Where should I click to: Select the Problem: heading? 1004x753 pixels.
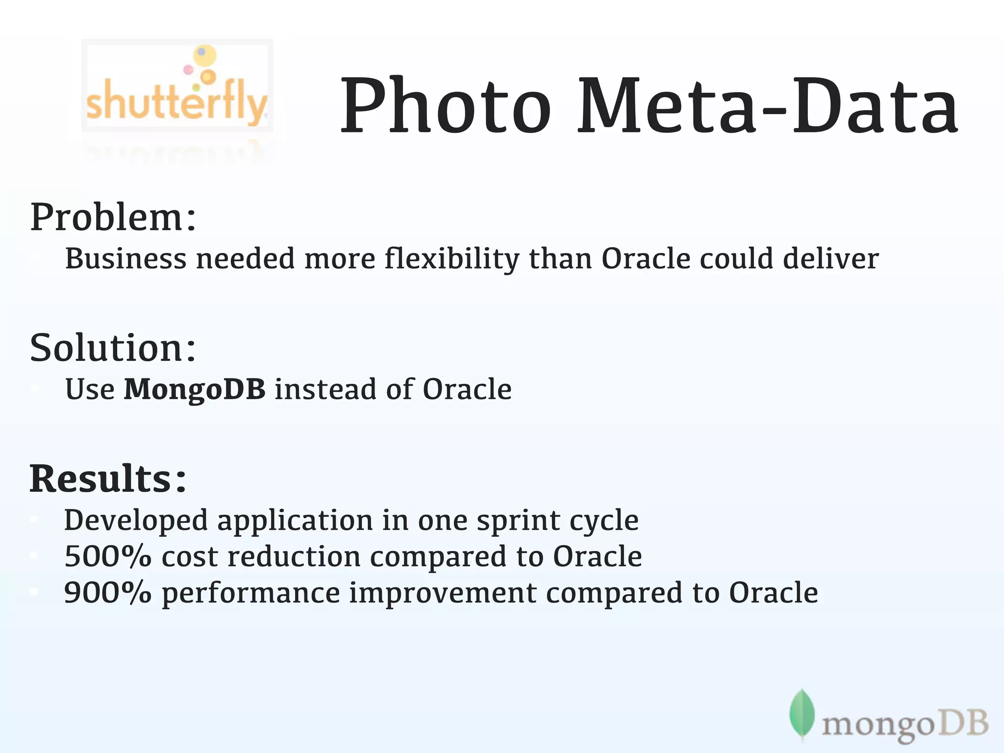(x=113, y=217)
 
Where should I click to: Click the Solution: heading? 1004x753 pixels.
(x=113, y=348)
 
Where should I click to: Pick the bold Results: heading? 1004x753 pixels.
(x=108, y=478)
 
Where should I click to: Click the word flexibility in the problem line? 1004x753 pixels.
(x=452, y=259)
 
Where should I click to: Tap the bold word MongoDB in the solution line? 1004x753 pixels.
(x=195, y=389)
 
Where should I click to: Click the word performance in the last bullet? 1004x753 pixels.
(x=251, y=594)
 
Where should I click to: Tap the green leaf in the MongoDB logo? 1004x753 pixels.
(x=802, y=714)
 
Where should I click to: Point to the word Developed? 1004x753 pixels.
(x=136, y=521)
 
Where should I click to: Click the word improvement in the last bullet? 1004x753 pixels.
(x=443, y=594)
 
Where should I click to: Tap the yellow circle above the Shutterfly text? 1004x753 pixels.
(x=204, y=55)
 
